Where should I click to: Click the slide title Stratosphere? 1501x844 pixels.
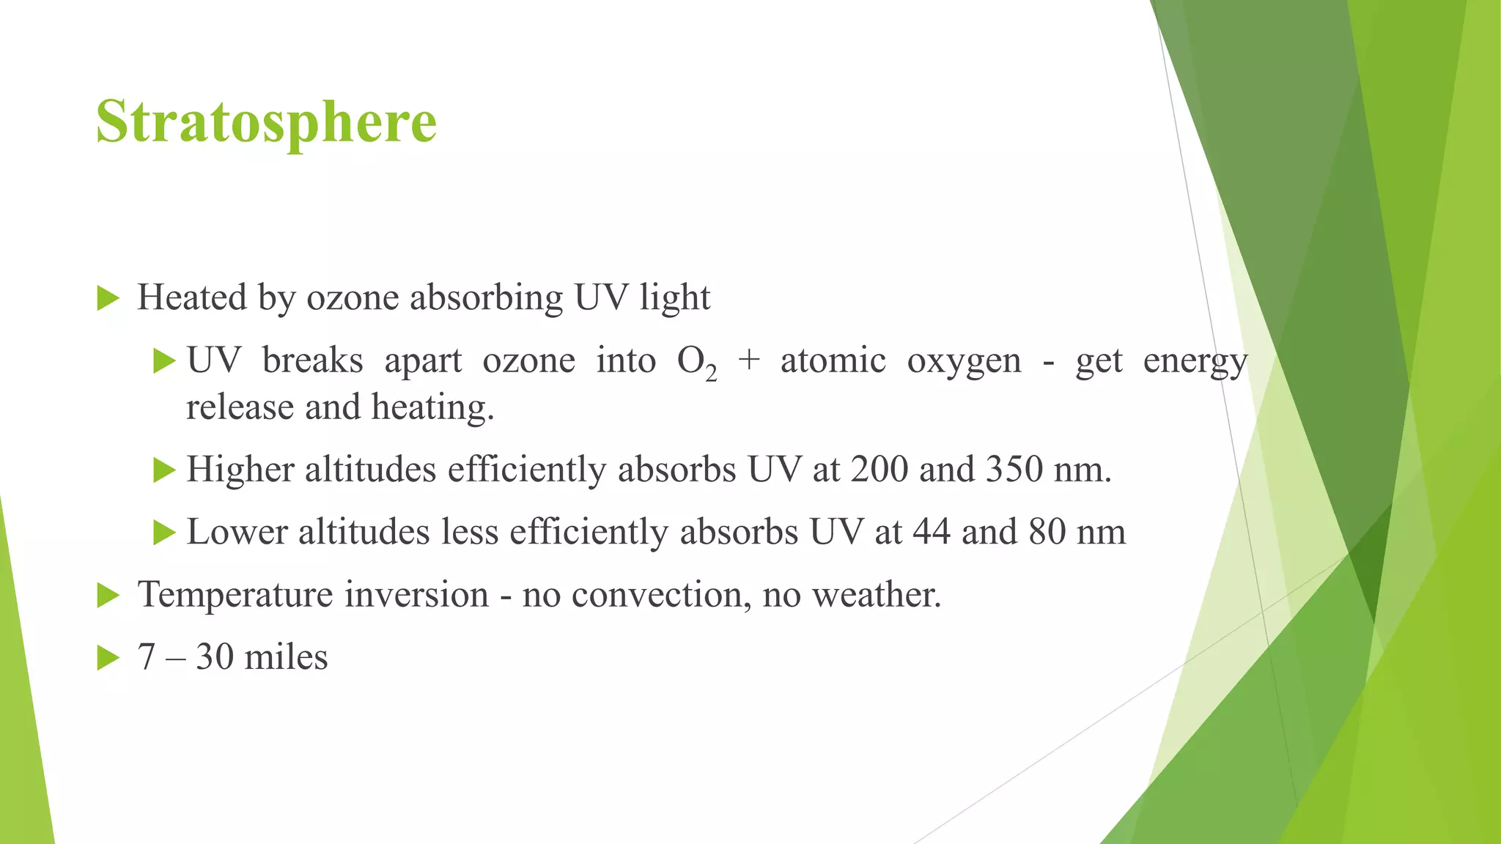tap(266, 122)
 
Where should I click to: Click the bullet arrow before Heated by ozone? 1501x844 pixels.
tap(108, 299)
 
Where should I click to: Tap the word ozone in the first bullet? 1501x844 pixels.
tap(353, 298)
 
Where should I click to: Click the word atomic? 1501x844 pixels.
tap(833, 360)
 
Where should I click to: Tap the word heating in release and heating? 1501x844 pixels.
tap(432, 407)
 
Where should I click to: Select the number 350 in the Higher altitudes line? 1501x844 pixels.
tap(1014, 470)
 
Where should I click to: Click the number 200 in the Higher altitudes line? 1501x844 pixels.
tap(879, 470)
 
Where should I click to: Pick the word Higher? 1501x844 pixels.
tap(240, 470)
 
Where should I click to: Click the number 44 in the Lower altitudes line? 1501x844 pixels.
tap(931, 532)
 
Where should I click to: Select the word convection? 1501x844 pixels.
tap(661, 594)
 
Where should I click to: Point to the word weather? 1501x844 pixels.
tap(877, 594)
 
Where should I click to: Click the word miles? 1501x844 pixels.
tap(286, 657)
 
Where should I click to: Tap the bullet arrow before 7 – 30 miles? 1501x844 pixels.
tap(108, 658)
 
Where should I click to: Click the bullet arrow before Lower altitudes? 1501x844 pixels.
tap(164, 533)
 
